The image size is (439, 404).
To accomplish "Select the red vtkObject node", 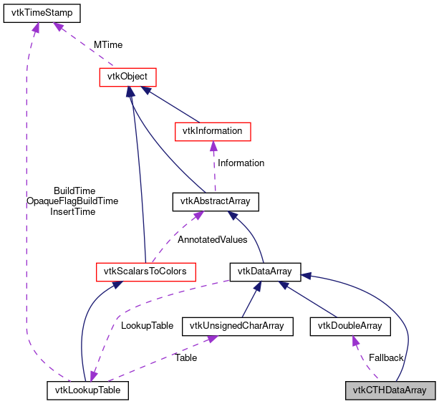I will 127,76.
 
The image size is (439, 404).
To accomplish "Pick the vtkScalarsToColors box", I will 145,271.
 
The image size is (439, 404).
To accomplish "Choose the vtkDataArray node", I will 265,271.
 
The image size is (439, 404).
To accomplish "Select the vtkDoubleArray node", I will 350,326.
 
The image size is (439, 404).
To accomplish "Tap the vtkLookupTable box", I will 88,390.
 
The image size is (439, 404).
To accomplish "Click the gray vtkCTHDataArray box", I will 390,390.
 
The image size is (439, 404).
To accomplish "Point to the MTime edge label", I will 107,44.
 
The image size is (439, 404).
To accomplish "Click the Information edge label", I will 241,163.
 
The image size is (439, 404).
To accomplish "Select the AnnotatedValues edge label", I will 212,240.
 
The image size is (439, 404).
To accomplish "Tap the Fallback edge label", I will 386,357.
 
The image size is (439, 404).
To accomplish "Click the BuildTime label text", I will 74,191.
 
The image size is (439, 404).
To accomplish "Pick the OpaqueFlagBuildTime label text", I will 72,201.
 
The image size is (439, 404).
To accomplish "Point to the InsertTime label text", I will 72,212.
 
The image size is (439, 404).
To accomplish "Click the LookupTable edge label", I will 147,325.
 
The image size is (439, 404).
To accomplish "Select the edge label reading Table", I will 185,357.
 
